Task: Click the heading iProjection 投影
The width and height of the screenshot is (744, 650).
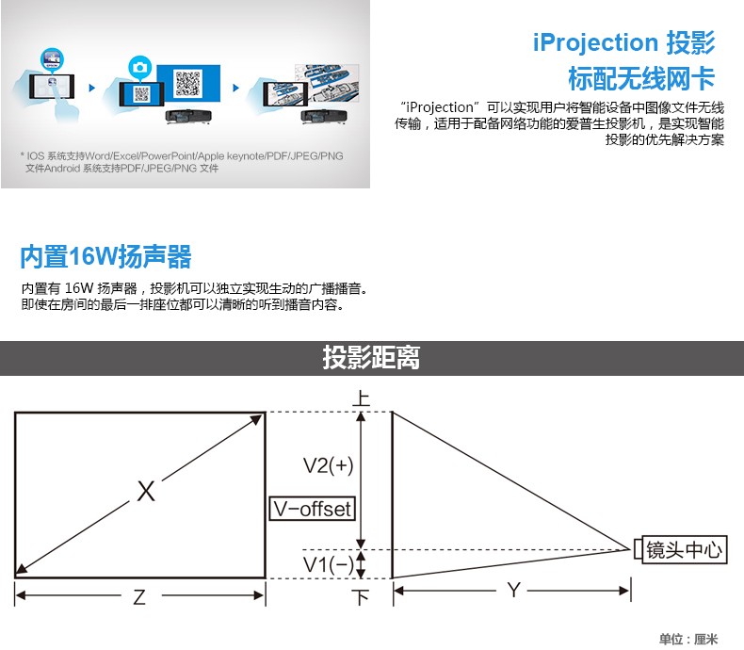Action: [624, 42]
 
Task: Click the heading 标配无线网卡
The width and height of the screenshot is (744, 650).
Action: [641, 78]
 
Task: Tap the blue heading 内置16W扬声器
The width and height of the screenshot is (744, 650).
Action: [105, 256]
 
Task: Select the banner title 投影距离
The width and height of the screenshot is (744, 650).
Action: [371, 357]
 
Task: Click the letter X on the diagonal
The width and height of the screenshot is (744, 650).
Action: [146, 491]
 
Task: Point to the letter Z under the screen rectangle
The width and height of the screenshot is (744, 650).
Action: [139, 597]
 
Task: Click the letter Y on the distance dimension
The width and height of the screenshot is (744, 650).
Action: [514, 591]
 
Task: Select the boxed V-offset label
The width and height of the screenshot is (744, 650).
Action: [313, 509]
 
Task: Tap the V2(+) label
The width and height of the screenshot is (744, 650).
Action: [329, 465]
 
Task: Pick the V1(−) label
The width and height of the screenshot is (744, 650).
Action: [329, 564]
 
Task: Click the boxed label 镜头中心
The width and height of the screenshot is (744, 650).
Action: [685, 550]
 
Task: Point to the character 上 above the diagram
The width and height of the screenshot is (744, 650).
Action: [362, 398]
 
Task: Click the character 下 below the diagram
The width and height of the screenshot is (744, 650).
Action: [361, 597]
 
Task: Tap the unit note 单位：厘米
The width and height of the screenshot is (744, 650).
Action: [688, 639]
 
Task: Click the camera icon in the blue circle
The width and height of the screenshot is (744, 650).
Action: [140, 68]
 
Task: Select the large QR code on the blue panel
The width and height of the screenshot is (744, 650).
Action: [188, 83]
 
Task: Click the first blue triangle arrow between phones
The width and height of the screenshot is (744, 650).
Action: [92, 88]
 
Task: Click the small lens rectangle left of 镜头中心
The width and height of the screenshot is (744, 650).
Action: [639, 549]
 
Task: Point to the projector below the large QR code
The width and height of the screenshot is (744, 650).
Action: [188, 116]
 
